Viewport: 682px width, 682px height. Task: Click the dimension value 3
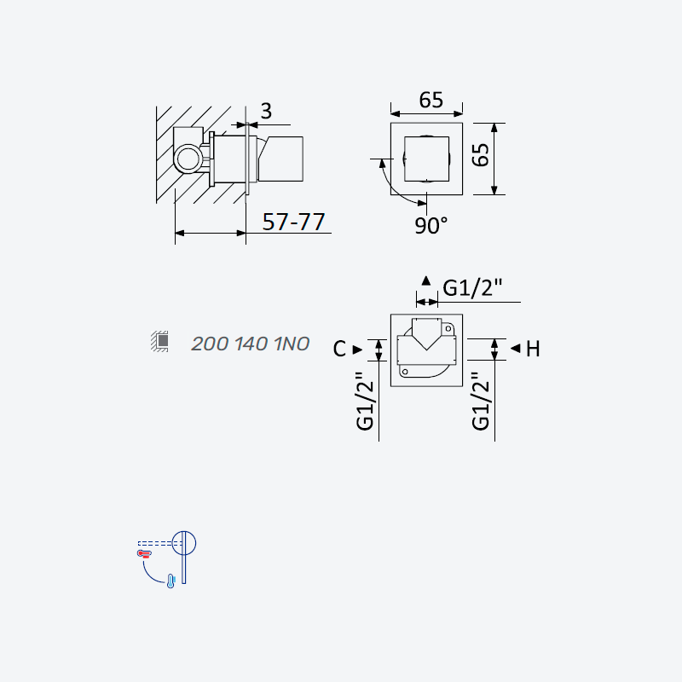pos(266,111)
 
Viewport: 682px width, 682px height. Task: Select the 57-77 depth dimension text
pos(293,222)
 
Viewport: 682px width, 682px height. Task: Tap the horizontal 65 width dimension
pos(431,100)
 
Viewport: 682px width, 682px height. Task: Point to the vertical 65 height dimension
pos(481,155)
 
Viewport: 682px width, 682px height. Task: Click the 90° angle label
pos(431,226)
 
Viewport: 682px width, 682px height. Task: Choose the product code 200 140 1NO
pos(250,344)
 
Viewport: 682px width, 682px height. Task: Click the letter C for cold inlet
pos(339,349)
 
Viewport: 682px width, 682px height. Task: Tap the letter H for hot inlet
pos(533,349)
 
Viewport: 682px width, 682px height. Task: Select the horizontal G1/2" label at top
pos(472,287)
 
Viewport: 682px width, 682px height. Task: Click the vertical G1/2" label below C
pos(365,401)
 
